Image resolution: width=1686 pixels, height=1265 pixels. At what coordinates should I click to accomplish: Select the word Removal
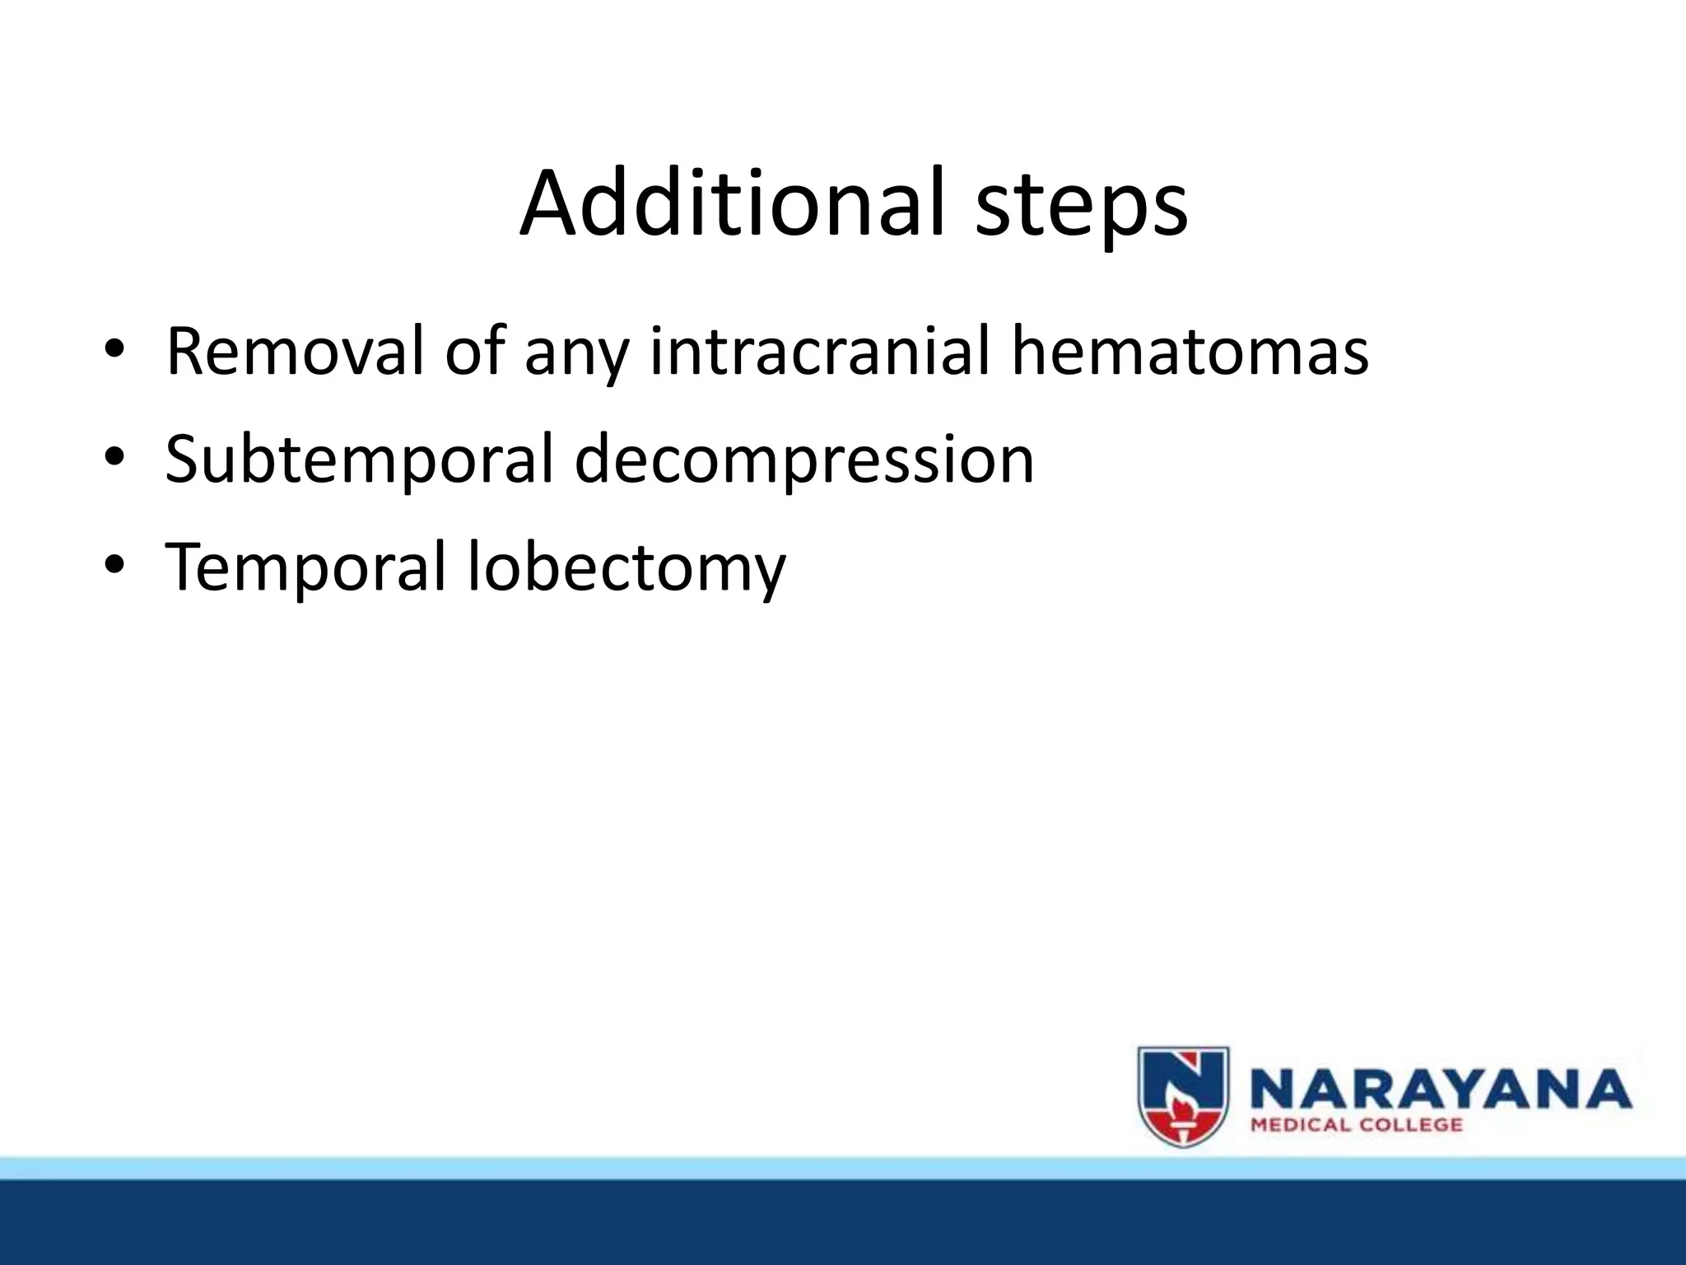[294, 352]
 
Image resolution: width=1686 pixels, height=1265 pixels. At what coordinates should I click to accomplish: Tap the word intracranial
[818, 352]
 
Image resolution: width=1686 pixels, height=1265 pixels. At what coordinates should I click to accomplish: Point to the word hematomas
[1190, 352]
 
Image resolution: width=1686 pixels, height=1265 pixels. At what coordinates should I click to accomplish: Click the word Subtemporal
[359, 460]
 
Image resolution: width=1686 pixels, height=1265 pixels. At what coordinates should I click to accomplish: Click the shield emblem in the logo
[1183, 1096]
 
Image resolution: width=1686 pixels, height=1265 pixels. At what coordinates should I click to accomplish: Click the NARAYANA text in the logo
[1440, 1089]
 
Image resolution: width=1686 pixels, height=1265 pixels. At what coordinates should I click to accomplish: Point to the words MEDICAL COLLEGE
[1356, 1125]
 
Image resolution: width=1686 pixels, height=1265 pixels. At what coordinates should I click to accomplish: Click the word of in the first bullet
[474, 352]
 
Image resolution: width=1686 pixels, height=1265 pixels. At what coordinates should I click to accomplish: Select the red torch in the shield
[1183, 1116]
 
